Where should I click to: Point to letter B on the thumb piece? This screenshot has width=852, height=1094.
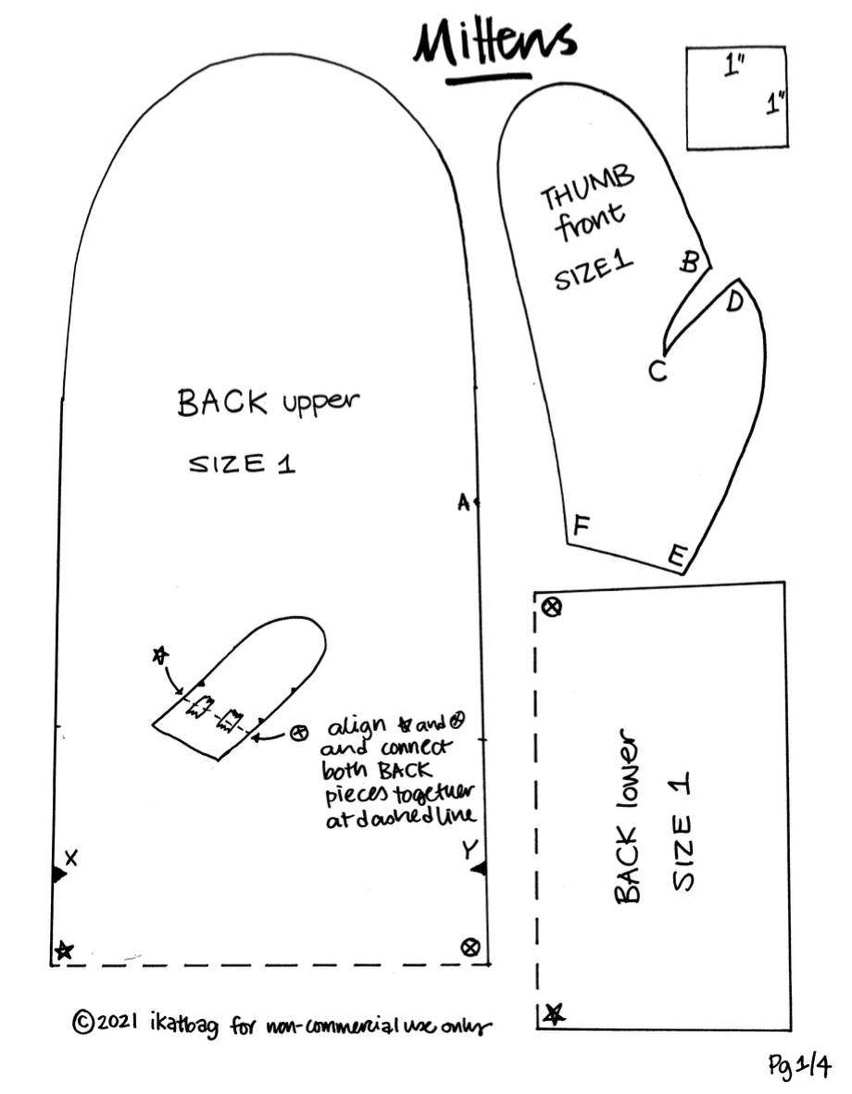coord(690,262)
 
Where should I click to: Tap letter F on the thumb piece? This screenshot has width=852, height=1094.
coord(581,526)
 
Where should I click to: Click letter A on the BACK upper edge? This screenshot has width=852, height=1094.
coord(464,502)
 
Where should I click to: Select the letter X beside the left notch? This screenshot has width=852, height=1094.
coord(71,858)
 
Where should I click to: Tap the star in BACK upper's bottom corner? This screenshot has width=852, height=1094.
coord(63,950)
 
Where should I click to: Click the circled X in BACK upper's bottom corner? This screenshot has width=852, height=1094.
coord(470,946)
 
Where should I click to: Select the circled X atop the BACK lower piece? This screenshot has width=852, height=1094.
coord(553,608)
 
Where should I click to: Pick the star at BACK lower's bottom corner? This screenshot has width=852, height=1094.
coord(554,1014)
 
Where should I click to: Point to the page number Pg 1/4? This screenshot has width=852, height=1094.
coord(799,1066)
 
